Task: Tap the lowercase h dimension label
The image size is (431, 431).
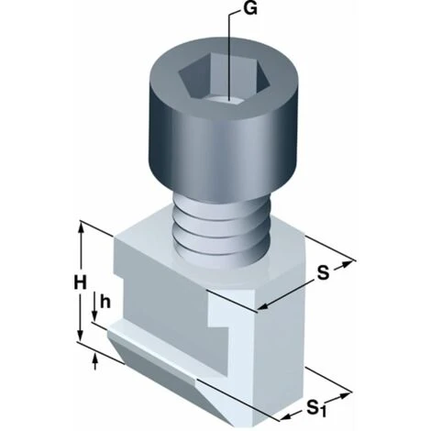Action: [x=106, y=300]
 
